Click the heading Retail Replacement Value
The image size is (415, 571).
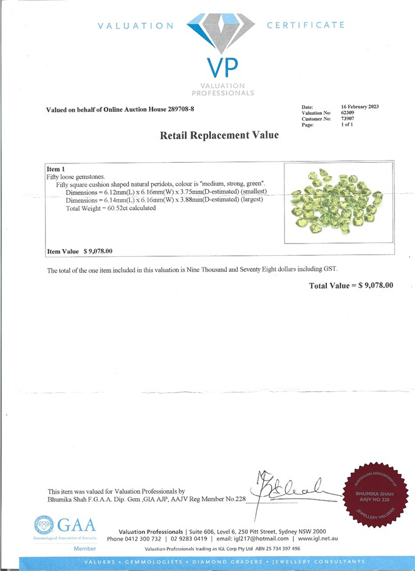coord(219,135)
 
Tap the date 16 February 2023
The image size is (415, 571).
coord(360,107)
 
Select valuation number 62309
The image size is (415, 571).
coord(348,113)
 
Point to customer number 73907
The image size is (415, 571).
coord(348,119)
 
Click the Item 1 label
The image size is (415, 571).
coord(55,168)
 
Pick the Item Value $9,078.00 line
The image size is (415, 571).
coord(80,251)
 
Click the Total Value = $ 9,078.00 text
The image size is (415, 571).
coord(351,285)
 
